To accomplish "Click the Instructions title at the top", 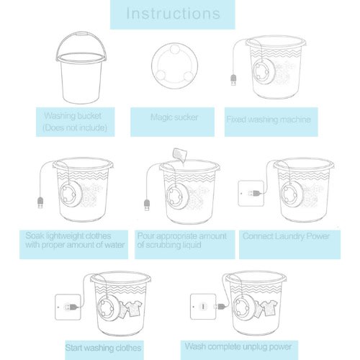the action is pos(173,14).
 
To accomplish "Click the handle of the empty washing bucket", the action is pos(81,35).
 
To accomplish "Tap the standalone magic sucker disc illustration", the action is pos(175,66).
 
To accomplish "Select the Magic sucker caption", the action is pos(174,117).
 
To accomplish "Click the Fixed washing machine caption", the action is pos(269,120).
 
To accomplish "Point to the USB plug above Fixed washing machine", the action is pos(233,80).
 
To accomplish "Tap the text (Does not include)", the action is pos(75,127).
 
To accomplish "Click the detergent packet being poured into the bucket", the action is pos(180,155).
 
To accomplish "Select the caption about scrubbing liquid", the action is pos(181,240).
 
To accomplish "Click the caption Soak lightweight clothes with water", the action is pos(75,240).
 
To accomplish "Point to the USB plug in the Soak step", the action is pos(40,203).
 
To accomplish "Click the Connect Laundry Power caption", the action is pos(286,236).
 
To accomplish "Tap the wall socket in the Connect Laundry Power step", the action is pos(251,193).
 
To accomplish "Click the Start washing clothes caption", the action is pos(103,348).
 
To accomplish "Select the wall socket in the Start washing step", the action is pos(68,307).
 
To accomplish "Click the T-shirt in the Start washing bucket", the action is pos(134,309).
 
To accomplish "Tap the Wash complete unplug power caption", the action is pos(238,346).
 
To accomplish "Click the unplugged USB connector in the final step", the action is pos(219,307).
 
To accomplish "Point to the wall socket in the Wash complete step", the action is pos(203,307).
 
